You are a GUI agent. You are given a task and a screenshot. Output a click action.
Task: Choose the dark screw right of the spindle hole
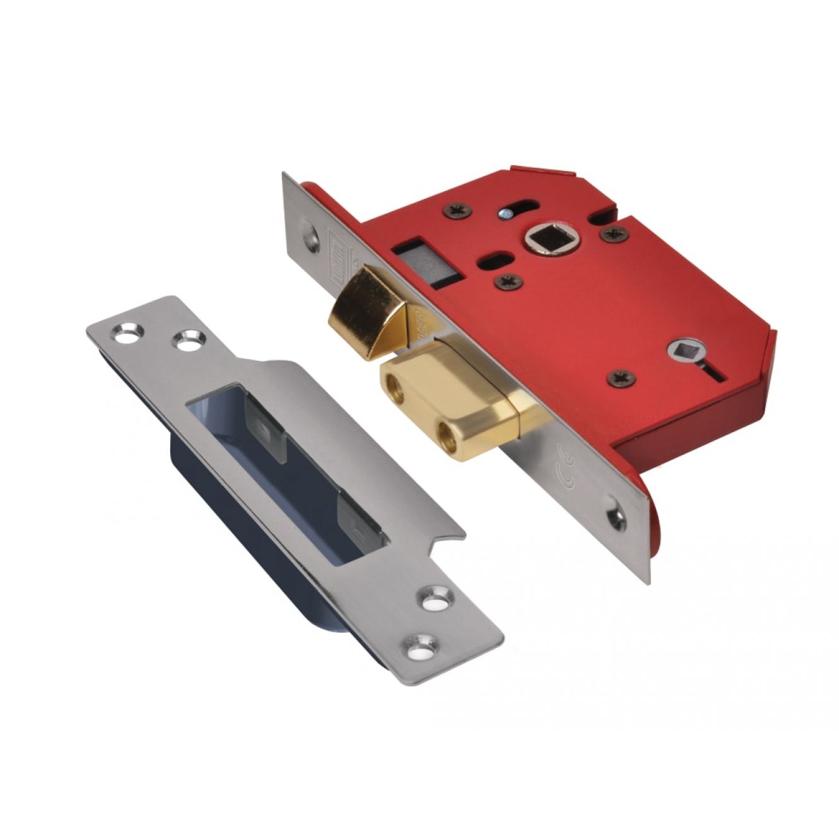[613, 235]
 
